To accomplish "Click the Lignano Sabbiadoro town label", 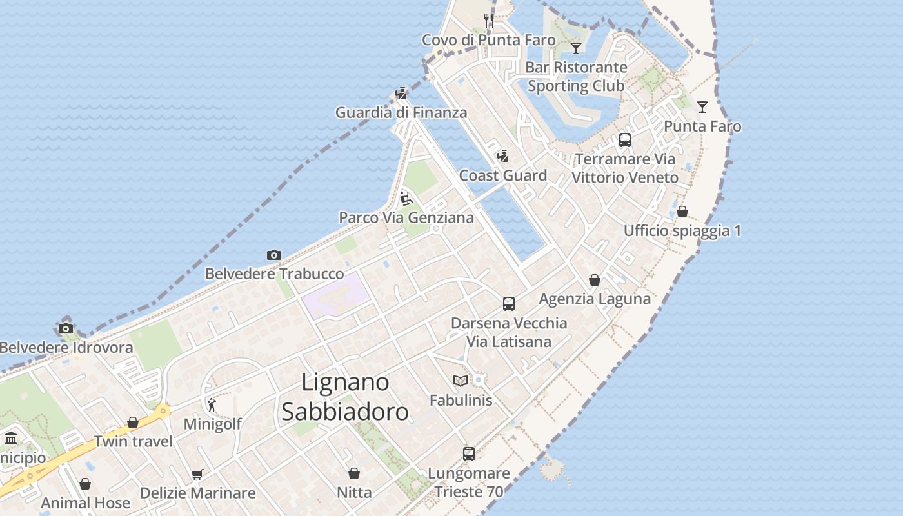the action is click(x=345, y=397).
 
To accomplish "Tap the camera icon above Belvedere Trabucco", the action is click(x=274, y=255).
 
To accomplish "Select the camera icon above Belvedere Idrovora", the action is click(x=66, y=329).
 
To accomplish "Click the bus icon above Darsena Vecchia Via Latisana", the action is click(x=509, y=304).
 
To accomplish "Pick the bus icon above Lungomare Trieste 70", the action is click(x=469, y=454).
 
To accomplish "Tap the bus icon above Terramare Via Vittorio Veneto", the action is click(x=624, y=140).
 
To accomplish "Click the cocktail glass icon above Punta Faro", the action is click(x=702, y=107).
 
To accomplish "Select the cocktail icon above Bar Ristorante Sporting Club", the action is click(x=576, y=48).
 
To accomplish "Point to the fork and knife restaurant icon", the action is click(x=489, y=21).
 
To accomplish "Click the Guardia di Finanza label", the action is click(x=401, y=113).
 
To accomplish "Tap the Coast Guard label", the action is click(x=503, y=175).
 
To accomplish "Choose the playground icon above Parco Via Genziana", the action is click(x=406, y=198).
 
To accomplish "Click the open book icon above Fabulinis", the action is click(x=461, y=381).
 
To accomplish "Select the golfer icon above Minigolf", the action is click(x=212, y=405).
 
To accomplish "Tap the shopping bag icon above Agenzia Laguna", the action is click(x=595, y=281).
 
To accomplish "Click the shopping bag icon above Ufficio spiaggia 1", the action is click(x=682, y=212).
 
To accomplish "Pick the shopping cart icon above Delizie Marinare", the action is click(x=197, y=475).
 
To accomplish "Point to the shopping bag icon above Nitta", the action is click(x=354, y=474).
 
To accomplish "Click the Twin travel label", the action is click(x=134, y=442).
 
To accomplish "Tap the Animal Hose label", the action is click(x=86, y=503).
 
